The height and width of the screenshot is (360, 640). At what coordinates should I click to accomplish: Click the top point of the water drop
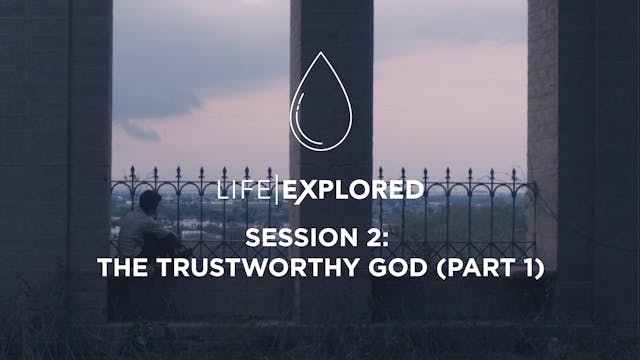pos(320,54)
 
